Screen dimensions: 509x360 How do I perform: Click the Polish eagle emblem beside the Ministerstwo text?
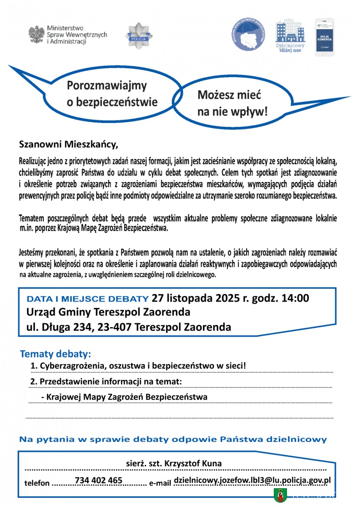(37, 34)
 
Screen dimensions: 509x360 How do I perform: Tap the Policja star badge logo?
(138, 36)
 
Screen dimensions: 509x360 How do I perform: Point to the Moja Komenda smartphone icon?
(325, 37)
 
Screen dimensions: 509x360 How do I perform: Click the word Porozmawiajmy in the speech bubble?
(107, 86)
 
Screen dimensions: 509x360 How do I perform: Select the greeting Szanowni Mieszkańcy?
(68, 144)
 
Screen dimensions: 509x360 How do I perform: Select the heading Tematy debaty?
(55, 354)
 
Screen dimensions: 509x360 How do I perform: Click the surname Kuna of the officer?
(211, 463)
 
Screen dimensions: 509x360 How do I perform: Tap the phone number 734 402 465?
(98, 480)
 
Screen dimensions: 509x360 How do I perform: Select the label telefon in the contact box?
(37, 483)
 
